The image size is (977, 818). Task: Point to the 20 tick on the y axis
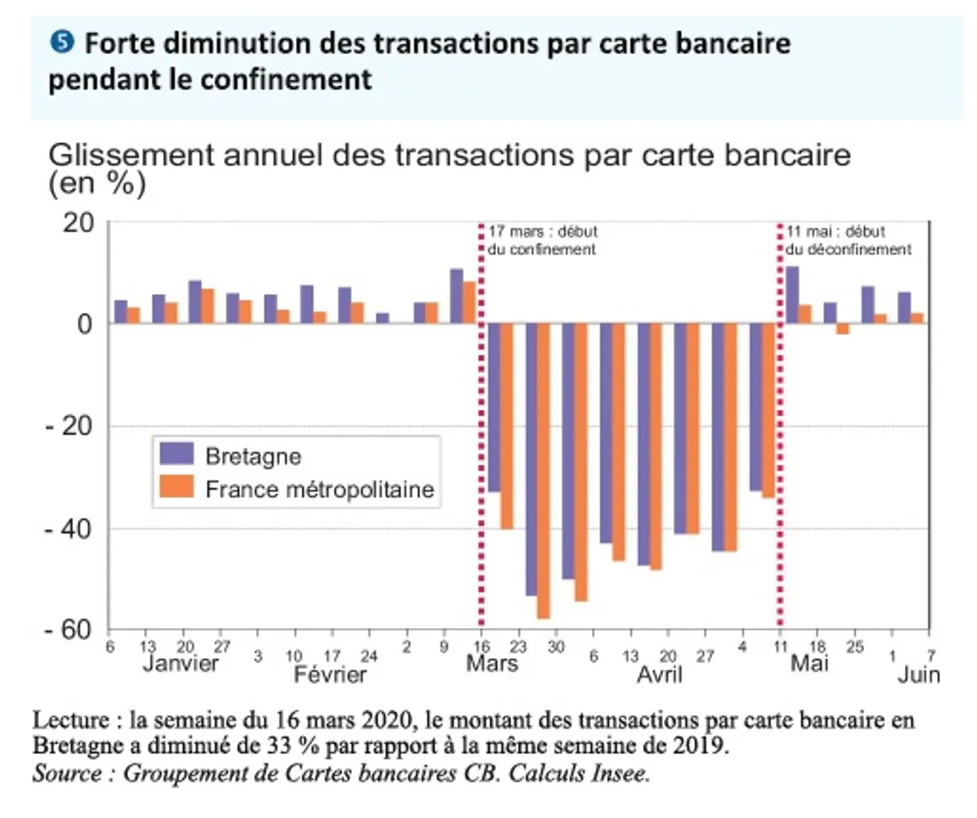[78, 222]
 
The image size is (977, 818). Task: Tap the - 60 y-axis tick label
[70, 630]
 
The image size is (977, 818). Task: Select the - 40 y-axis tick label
[70, 528]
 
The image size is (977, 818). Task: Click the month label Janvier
[180, 664]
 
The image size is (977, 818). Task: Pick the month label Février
[330, 675]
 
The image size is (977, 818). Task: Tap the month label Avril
[660, 675]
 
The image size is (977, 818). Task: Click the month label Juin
[918, 675]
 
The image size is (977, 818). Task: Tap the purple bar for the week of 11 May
[791, 295]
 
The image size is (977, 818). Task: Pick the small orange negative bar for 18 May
[843, 329]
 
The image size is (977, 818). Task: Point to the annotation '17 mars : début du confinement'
[542, 241]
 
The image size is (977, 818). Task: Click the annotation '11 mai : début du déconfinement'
[848, 241]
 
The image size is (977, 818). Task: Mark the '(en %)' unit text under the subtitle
[97, 185]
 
